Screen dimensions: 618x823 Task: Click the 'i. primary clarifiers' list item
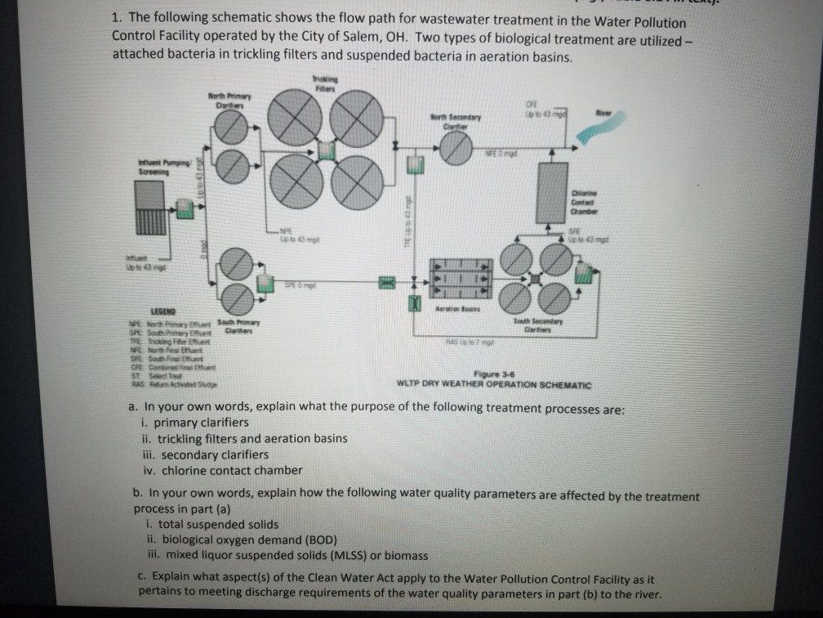194,422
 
